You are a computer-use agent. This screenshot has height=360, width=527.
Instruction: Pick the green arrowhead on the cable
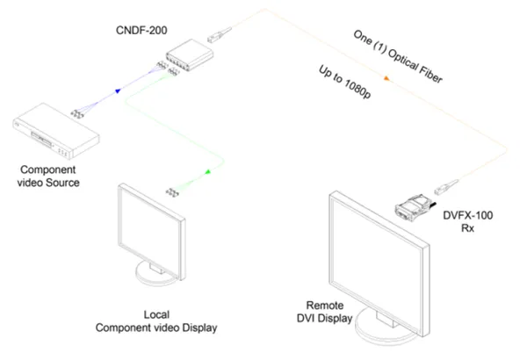[x=208, y=172]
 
